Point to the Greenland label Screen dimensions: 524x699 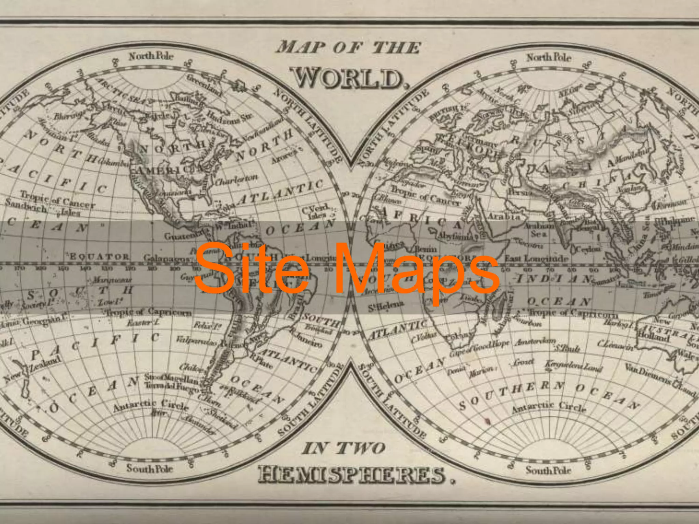[204, 84]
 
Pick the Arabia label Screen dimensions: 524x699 [504, 216]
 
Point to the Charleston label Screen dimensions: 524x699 [236, 179]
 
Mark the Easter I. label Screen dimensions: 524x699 [139, 322]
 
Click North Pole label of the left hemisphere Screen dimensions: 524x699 [151, 56]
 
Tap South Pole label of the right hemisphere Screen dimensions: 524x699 [548, 470]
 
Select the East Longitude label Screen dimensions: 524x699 [537, 259]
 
